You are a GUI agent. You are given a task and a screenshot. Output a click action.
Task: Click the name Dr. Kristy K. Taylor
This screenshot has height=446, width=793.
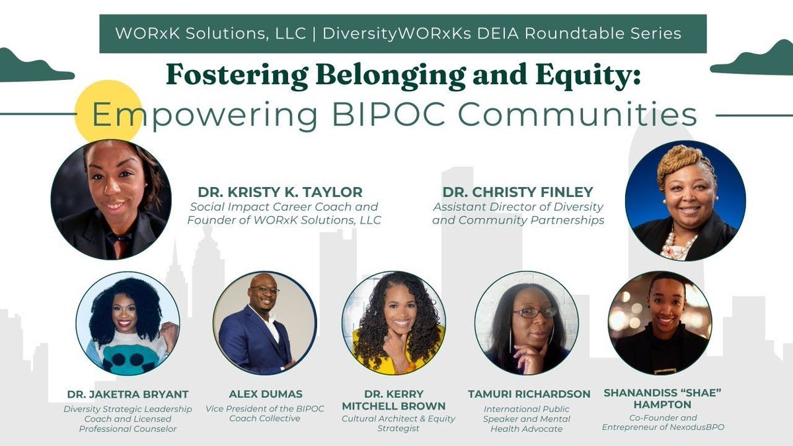[276, 192]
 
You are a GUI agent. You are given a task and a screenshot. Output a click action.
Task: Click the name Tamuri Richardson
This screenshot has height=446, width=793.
[529, 394]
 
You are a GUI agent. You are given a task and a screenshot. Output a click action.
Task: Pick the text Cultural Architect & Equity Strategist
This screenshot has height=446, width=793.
[393, 423]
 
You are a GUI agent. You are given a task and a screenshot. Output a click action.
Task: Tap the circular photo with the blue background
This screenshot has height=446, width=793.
[685, 200]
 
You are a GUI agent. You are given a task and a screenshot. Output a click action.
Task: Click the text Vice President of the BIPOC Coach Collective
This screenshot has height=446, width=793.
[264, 413]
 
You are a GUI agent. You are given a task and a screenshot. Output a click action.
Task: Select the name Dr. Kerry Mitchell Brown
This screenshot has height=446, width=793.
[393, 400]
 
